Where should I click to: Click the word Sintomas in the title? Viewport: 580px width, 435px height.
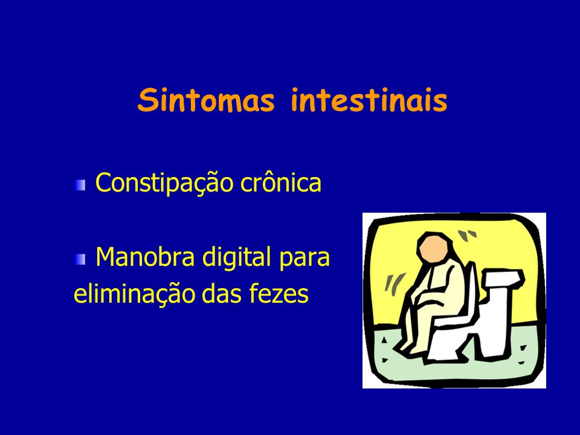pyautogui.click(x=207, y=100)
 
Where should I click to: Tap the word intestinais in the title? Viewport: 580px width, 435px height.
pyautogui.click(x=369, y=100)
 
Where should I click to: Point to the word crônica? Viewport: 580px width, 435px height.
pyautogui.click(x=281, y=182)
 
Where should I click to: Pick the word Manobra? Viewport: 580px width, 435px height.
pyautogui.click(x=145, y=256)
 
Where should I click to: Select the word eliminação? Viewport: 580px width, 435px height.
pyautogui.click(x=134, y=294)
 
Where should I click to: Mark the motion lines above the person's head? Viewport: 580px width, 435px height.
pyautogui.click(x=467, y=234)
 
